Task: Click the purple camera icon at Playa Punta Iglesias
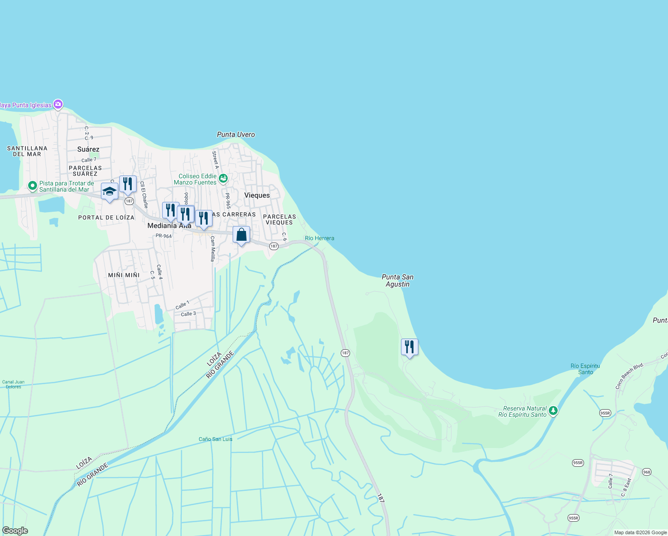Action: (58, 105)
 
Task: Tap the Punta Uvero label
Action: (236, 134)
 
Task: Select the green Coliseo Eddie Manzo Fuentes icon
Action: (223, 179)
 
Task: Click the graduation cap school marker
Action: (109, 192)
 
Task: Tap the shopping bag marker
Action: (241, 234)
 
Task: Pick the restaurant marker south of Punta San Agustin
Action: (409, 347)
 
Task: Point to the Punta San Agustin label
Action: (397, 281)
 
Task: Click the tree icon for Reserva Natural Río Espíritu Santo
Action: (553, 410)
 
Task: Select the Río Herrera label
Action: (319, 238)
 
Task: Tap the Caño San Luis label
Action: (215, 439)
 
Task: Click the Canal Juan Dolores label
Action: (13, 384)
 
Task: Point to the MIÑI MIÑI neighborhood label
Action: (124, 275)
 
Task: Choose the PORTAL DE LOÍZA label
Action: (106, 218)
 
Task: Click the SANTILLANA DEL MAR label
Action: (27, 151)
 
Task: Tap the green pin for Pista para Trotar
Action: (32, 185)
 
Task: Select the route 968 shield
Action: (647, 472)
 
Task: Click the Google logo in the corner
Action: (15, 531)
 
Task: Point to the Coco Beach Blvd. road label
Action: (630, 376)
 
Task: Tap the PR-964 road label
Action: (163, 236)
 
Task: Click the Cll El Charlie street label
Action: (144, 194)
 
